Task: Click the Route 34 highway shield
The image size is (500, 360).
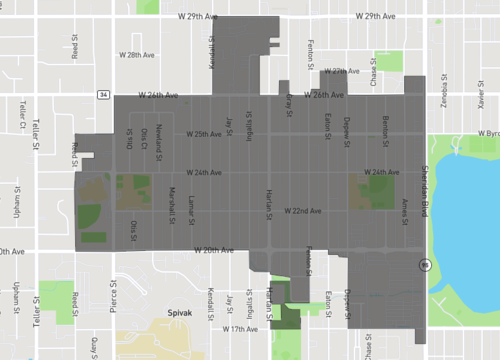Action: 103,95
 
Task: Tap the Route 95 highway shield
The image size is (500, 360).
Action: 424,265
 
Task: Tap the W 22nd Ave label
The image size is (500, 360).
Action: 302,211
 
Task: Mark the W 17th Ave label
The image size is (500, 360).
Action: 239,328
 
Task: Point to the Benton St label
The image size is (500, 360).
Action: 386,129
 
